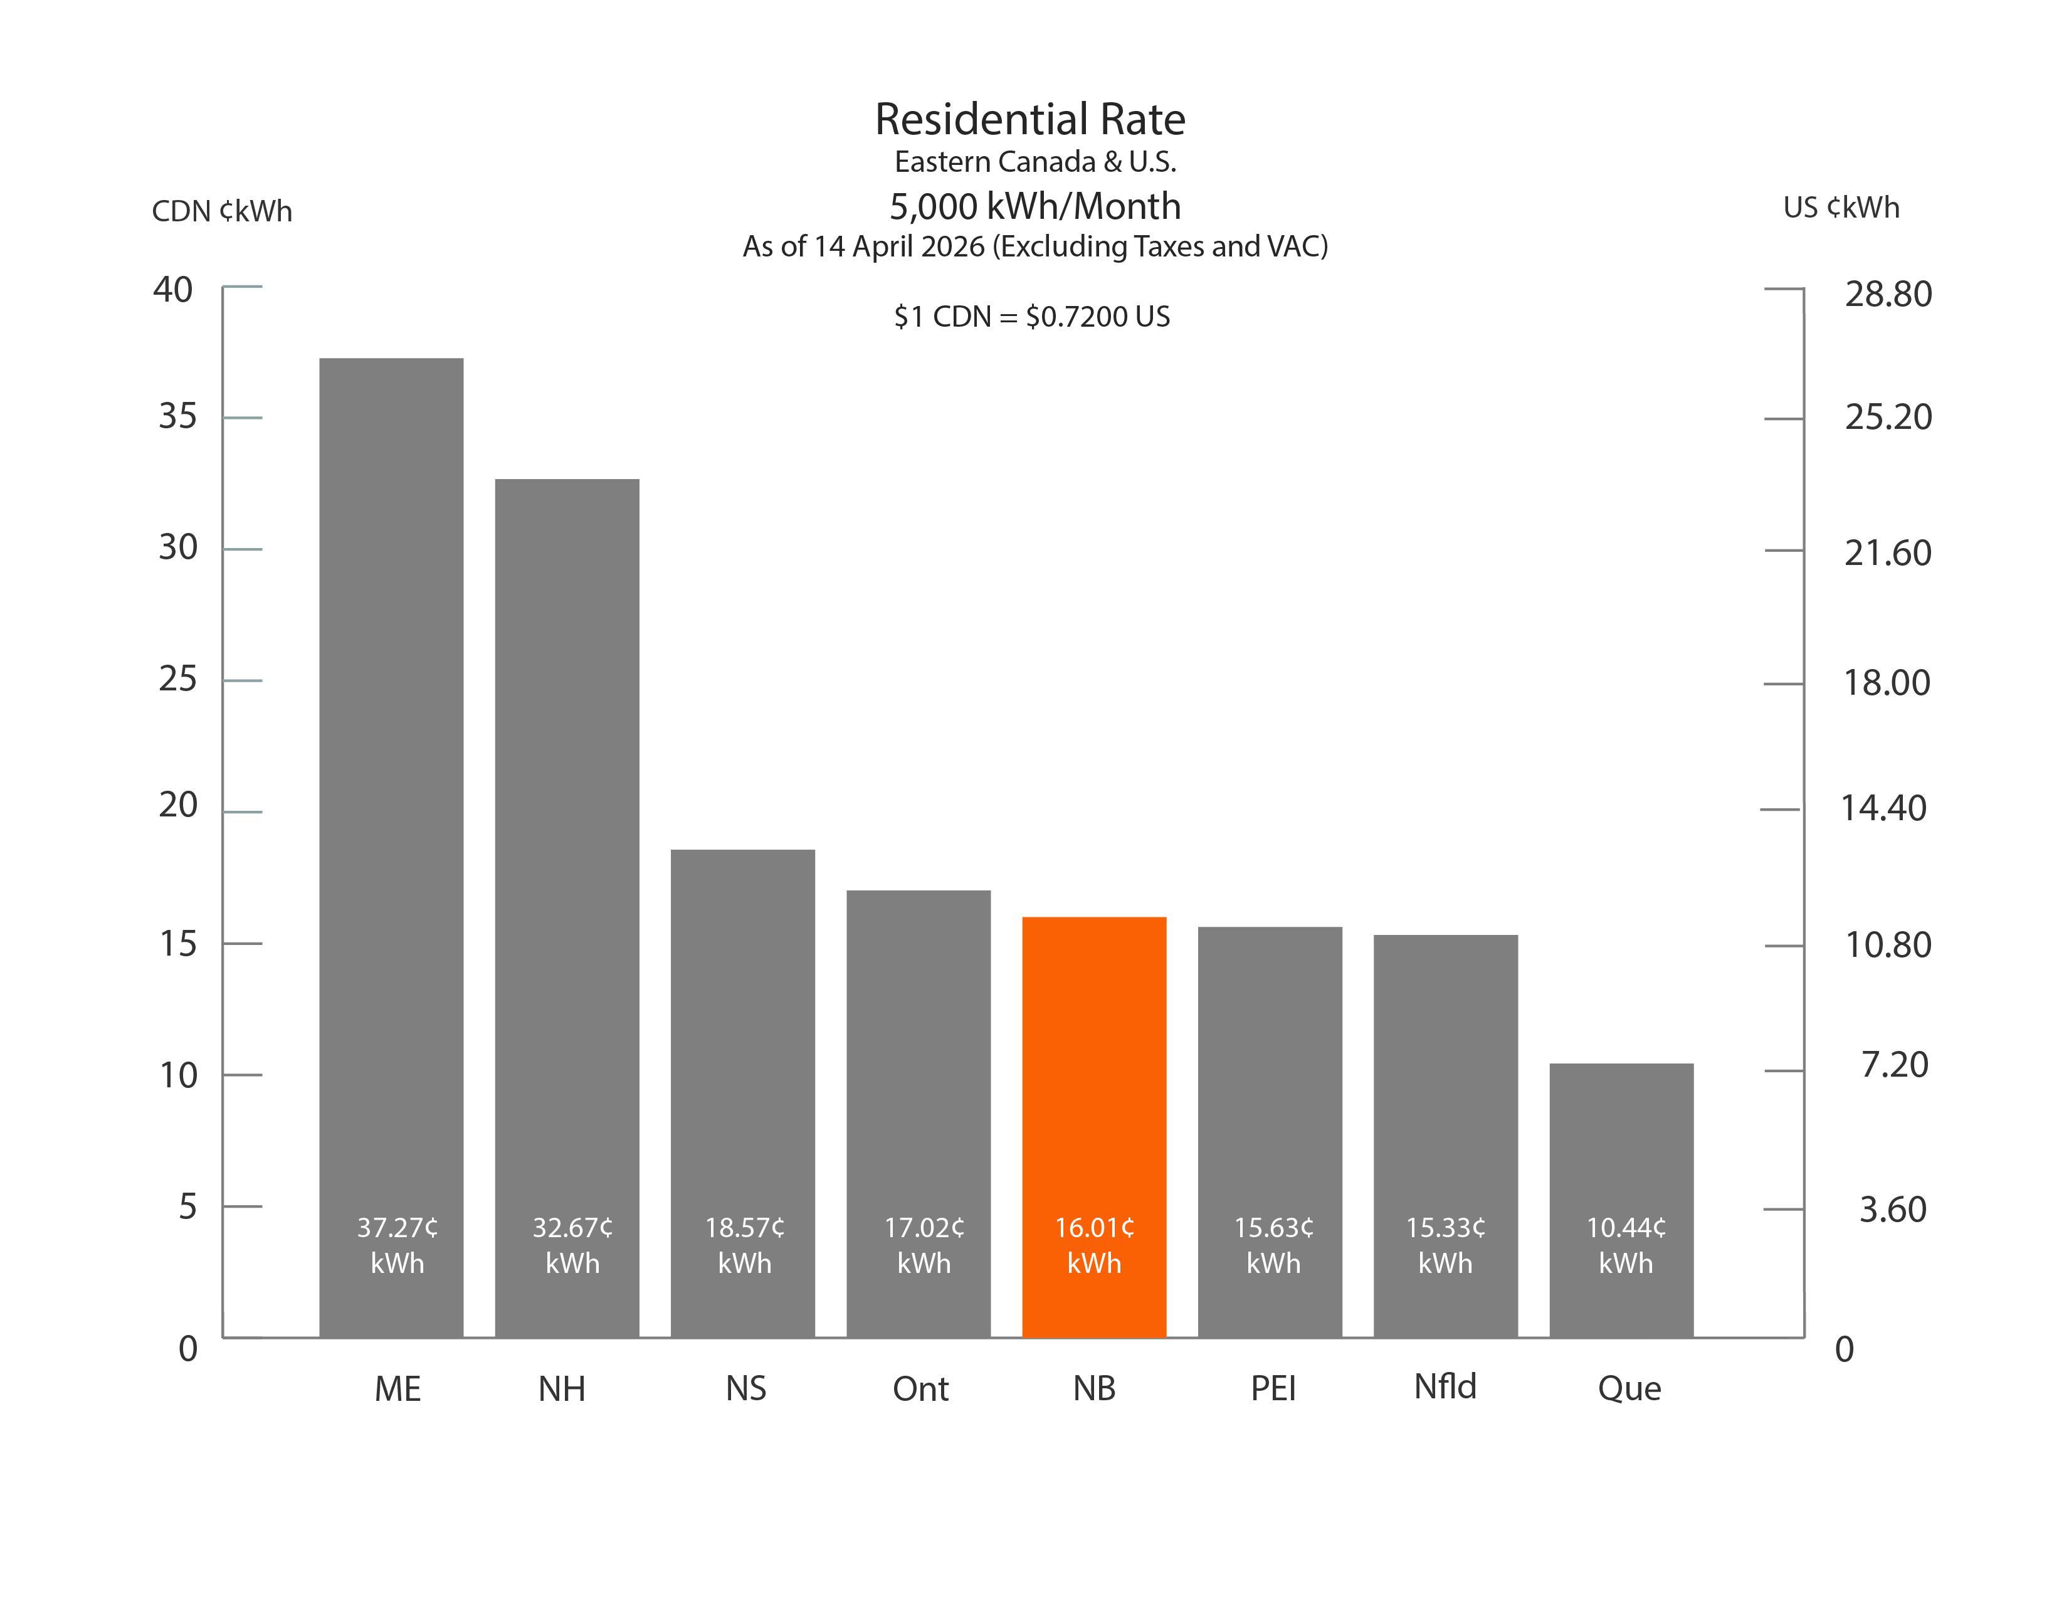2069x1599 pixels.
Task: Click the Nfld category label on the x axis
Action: click(x=1445, y=1387)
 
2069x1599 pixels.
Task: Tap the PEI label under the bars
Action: click(x=1273, y=1389)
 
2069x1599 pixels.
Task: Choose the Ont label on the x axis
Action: click(x=920, y=1390)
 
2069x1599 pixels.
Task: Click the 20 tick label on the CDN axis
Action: click(x=178, y=805)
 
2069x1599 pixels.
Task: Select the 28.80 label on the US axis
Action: click(x=1888, y=293)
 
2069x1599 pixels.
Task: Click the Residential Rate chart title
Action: click(x=1029, y=119)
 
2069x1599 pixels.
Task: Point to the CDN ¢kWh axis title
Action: click(x=222, y=210)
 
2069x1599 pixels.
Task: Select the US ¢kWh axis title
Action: click(x=1841, y=208)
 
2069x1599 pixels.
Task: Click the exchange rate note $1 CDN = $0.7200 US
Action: click(x=1031, y=317)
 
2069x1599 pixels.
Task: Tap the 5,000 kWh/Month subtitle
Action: click(x=1034, y=206)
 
